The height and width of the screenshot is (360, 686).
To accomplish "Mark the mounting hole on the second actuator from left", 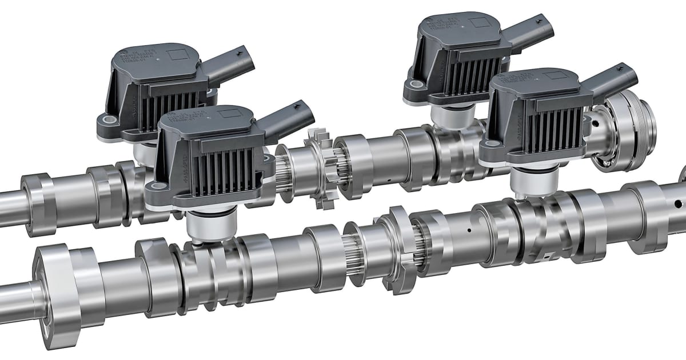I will click(x=154, y=186).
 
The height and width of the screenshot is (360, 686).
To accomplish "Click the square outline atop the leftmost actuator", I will click(x=177, y=55).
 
